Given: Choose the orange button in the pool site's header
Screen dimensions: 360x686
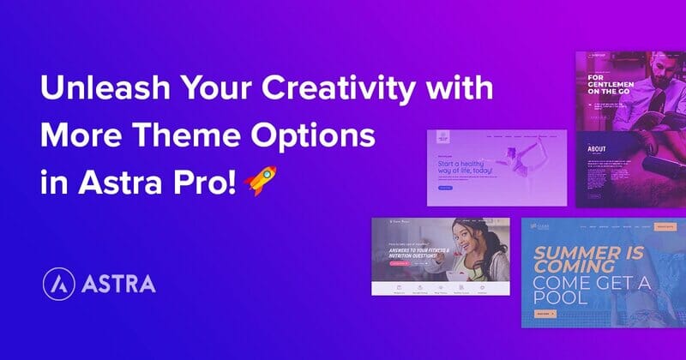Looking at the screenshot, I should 665,228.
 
